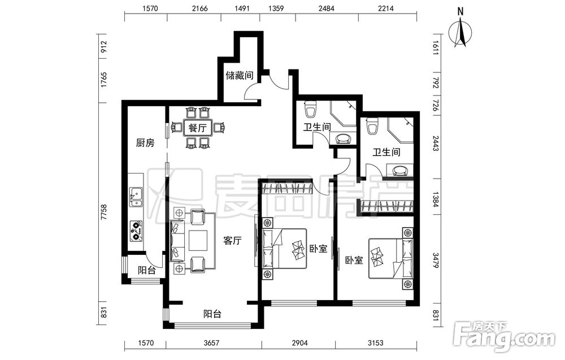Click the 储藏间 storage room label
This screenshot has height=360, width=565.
pos(239,75)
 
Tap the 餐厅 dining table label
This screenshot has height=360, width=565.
pos(198,128)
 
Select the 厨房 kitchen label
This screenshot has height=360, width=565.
pos(145,143)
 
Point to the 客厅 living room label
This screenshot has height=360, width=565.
pos(232,241)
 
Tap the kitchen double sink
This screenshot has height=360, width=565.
pos(136,197)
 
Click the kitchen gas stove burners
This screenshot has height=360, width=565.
pos(136,231)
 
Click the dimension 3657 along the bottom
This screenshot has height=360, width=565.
pos(211,342)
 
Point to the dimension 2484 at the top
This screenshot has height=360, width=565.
pos(327,8)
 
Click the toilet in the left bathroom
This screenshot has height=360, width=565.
pos(310,109)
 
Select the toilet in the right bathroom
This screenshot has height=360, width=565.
pos(372,126)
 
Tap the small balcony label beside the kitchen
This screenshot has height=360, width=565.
pos(147,270)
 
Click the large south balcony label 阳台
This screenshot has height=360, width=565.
pos(212,314)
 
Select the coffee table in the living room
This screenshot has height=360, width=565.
pos(198,241)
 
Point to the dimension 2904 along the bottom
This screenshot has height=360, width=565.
pos(299,342)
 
